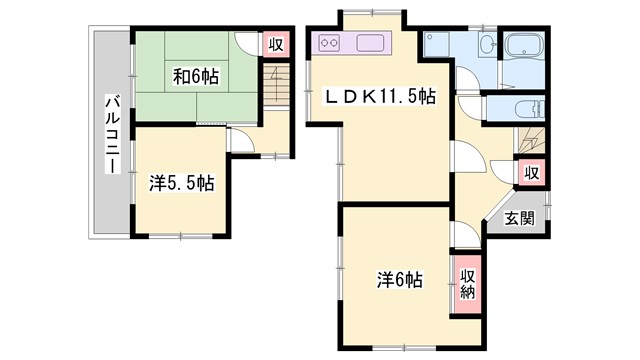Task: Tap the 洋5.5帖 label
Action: tap(181, 183)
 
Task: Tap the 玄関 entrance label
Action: tap(519, 218)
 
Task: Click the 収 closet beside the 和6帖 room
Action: tap(275, 45)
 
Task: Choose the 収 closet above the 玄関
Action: tap(532, 173)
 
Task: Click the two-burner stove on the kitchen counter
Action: tap(331, 43)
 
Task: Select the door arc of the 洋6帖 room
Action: tap(462, 235)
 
